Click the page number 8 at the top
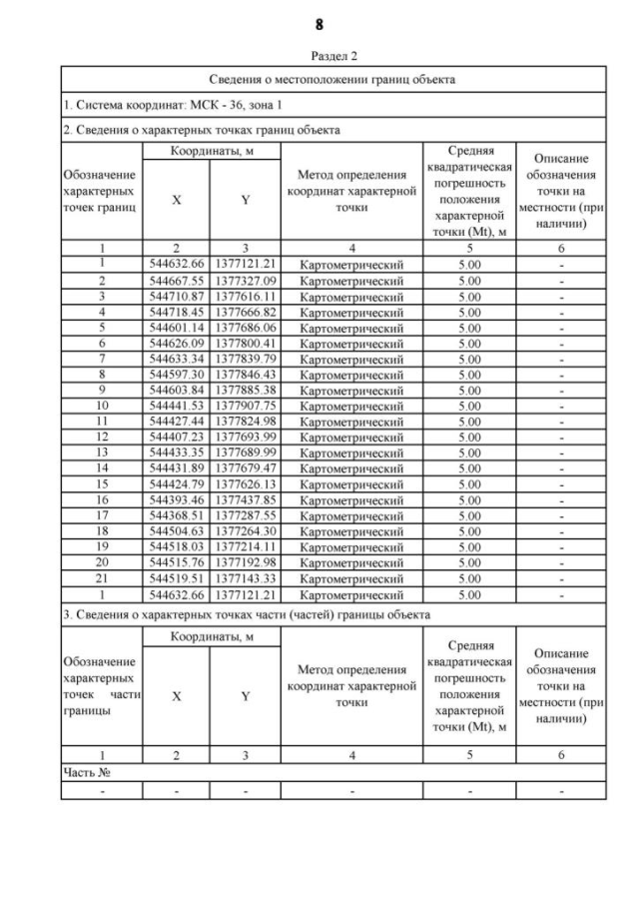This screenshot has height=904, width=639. (319, 24)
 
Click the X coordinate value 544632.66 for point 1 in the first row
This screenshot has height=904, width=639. (176, 263)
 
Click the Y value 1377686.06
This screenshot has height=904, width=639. (246, 327)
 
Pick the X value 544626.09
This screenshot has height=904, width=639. (176, 342)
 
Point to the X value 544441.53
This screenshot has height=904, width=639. (176, 405)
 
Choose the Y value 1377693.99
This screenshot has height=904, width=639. (246, 437)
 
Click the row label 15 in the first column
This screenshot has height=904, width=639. (101, 483)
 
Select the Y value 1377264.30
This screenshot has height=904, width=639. (246, 530)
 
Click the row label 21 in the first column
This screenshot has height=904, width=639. (101, 576)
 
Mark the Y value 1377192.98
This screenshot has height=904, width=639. (246, 561)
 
